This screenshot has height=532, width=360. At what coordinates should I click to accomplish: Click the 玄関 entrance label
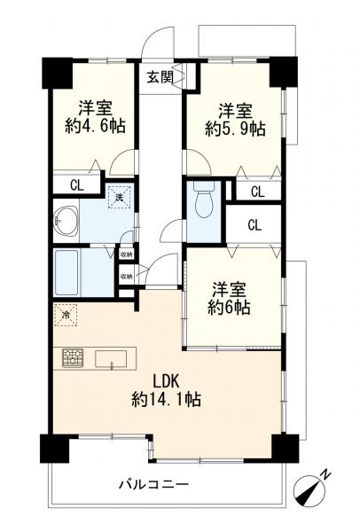point(160,76)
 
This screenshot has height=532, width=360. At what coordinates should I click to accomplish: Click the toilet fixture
point(203,203)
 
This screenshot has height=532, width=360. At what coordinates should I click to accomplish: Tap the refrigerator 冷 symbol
point(67,314)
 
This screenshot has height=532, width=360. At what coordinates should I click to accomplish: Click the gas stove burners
point(73,358)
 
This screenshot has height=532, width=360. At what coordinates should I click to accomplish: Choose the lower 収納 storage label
point(126,276)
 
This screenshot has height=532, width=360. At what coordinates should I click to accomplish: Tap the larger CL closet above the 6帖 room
point(254,224)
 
